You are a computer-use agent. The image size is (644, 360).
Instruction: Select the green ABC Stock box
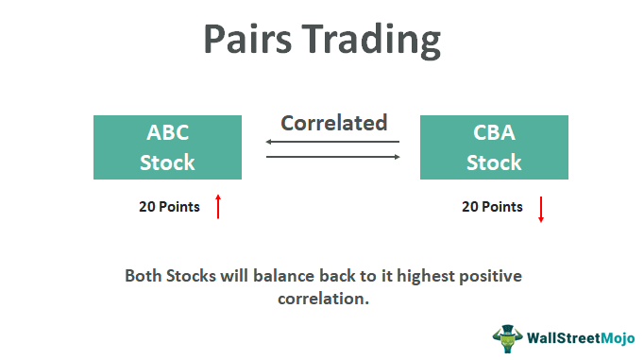pyautogui.click(x=167, y=147)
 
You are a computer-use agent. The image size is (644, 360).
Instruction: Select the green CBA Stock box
pyautogui.click(x=494, y=147)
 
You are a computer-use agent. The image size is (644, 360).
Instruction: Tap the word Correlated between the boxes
pyautogui.click(x=333, y=123)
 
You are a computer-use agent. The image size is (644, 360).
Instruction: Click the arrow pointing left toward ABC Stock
pyautogui.click(x=332, y=142)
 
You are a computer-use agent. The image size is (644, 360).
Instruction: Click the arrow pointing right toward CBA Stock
pyautogui.click(x=332, y=156)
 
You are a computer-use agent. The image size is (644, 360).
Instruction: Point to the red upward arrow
pyautogui.click(x=218, y=206)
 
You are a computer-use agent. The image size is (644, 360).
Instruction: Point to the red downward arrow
pyautogui.click(x=541, y=208)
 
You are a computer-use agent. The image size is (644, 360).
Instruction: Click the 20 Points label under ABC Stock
pyautogui.click(x=169, y=207)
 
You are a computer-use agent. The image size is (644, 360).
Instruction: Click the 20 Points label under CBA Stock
pyautogui.click(x=492, y=207)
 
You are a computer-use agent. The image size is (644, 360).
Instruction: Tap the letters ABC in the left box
pyautogui.click(x=167, y=133)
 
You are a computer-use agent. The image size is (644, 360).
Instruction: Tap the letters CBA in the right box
pyautogui.click(x=494, y=133)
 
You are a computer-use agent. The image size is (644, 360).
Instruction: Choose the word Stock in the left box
pyautogui.click(x=167, y=162)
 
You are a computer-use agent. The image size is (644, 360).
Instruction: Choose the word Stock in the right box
pyautogui.click(x=494, y=162)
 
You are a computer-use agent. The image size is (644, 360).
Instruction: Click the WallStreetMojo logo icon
pyautogui.click(x=507, y=337)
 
